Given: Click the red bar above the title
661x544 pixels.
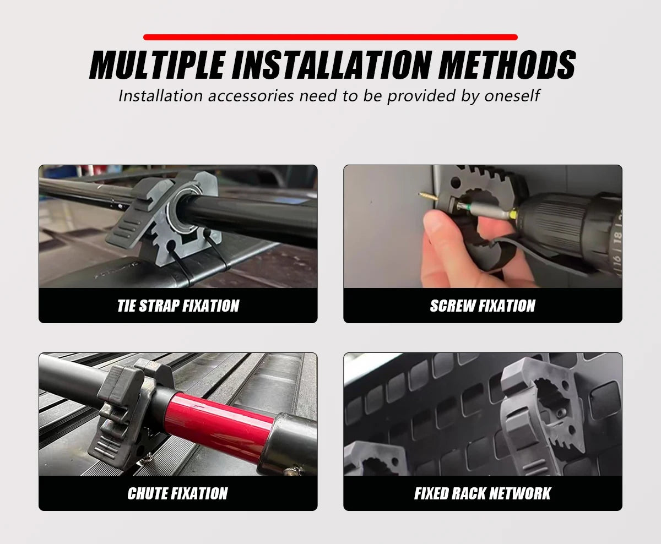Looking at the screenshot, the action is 330,37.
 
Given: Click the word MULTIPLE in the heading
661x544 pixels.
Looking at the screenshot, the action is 158,64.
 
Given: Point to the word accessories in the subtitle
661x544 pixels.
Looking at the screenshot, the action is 251,96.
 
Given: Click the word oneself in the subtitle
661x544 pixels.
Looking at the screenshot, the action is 512,96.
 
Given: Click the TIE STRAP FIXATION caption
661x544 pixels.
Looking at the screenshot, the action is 178,306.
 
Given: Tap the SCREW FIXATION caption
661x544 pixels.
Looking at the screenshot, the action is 483,306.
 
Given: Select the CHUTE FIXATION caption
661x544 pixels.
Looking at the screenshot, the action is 177,493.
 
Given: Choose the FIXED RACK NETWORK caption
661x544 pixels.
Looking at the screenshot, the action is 483,493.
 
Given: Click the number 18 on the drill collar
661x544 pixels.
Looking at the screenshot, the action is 616,237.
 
